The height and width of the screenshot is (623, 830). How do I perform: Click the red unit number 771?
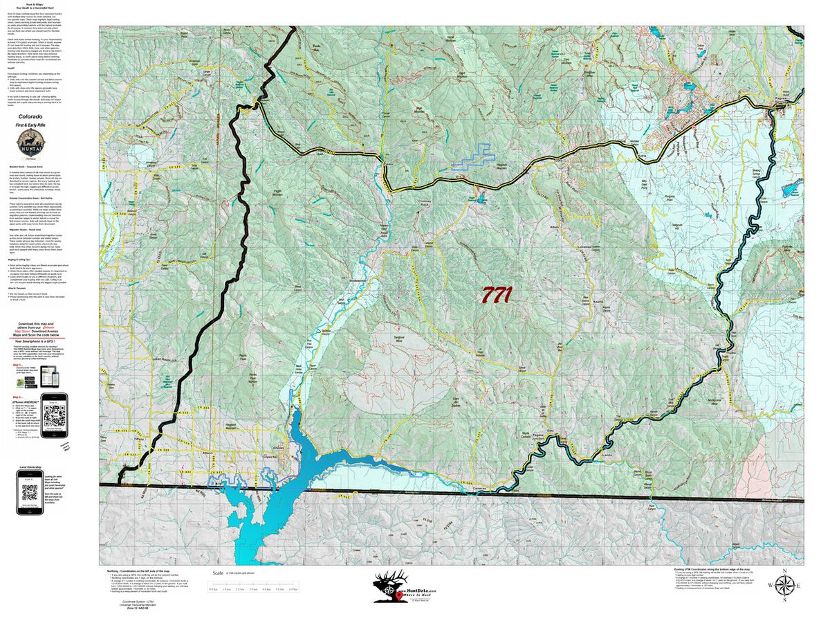coord(496,295)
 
